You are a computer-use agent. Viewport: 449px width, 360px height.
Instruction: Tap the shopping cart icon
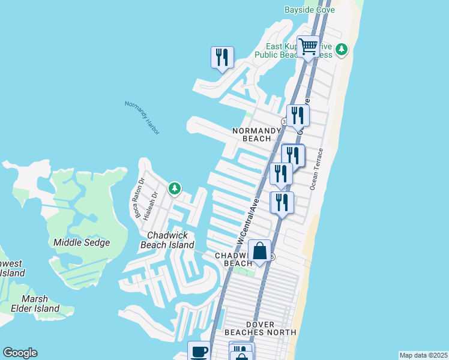[x=308, y=46]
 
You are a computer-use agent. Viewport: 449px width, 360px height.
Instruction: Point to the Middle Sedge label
[x=82, y=242]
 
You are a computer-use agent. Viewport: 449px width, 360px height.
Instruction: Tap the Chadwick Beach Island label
[x=167, y=240]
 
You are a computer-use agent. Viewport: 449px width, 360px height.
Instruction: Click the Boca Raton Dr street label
[x=139, y=197]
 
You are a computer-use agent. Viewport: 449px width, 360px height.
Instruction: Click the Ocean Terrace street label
[x=316, y=169]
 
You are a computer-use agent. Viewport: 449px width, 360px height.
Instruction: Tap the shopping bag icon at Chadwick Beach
[x=259, y=251]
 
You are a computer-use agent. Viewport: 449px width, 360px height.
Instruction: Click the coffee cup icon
[x=199, y=352]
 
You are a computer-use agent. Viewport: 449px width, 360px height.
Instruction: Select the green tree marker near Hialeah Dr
[x=174, y=188]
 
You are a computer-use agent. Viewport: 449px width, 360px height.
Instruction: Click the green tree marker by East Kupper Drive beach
[x=342, y=49]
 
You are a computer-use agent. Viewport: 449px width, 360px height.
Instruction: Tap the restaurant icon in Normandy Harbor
[x=222, y=57]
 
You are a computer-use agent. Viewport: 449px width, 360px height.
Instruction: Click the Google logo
[x=20, y=353]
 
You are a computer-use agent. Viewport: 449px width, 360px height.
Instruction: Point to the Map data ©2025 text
[x=423, y=355]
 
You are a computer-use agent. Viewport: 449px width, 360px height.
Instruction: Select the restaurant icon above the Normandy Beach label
[x=298, y=115]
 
